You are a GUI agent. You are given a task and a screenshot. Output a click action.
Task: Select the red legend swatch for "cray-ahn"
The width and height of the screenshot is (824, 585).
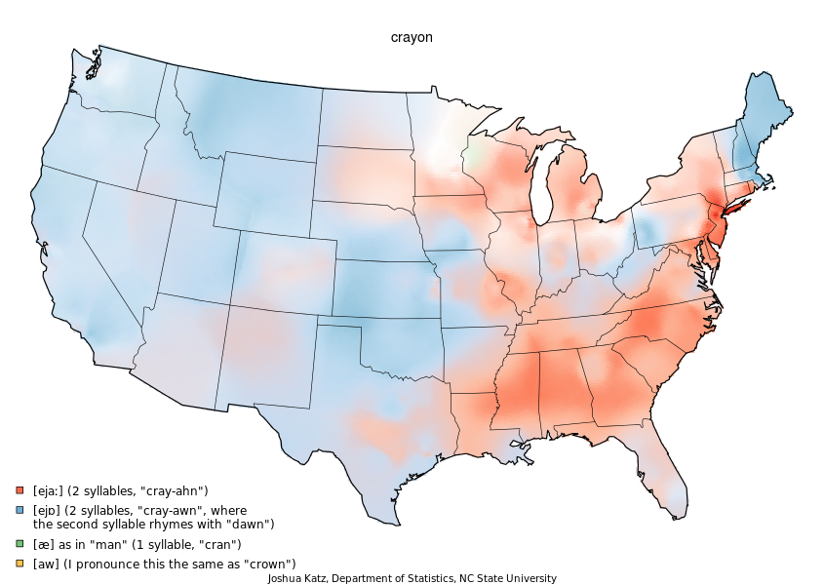pos(20,490)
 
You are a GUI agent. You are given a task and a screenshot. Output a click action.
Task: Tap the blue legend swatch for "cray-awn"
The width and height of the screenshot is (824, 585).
pos(20,510)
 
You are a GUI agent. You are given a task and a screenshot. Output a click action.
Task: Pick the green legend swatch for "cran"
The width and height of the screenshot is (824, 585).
pos(20,544)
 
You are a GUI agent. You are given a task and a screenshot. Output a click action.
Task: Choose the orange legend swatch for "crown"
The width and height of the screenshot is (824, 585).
pos(20,564)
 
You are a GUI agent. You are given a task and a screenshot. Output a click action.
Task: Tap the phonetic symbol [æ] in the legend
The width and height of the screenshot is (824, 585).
pos(43,544)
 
